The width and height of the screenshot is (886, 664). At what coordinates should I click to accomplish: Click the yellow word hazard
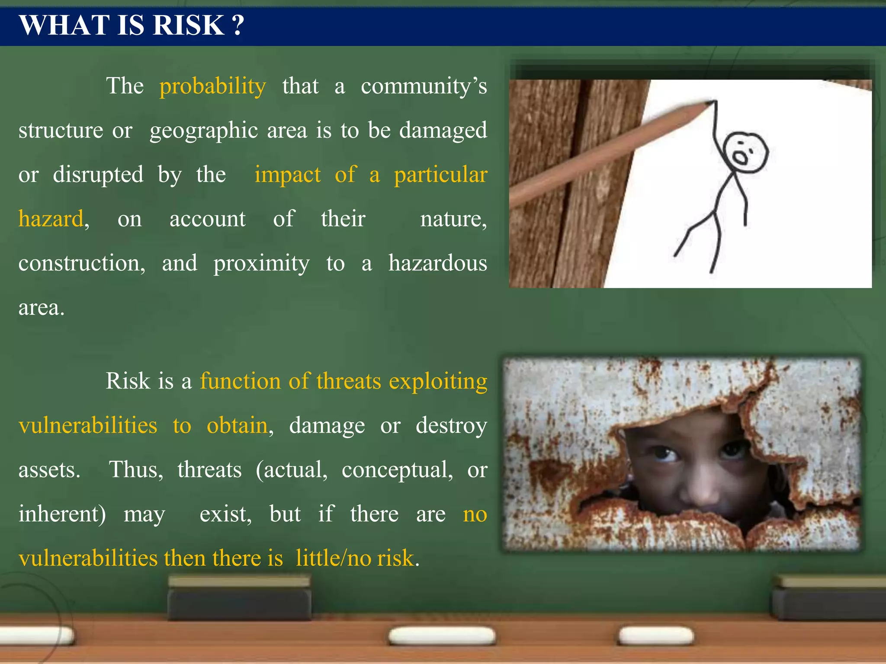point(51,219)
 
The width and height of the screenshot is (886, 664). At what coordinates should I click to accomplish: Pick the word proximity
point(261,263)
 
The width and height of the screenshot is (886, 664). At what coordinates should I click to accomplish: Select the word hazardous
point(437,263)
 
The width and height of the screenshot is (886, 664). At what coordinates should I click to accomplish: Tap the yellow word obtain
point(237,426)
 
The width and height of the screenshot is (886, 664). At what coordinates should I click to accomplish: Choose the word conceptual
point(397,470)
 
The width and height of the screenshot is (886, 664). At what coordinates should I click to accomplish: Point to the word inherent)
point(62,514)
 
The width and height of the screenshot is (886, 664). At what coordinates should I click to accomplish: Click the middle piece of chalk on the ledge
point(441,636)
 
